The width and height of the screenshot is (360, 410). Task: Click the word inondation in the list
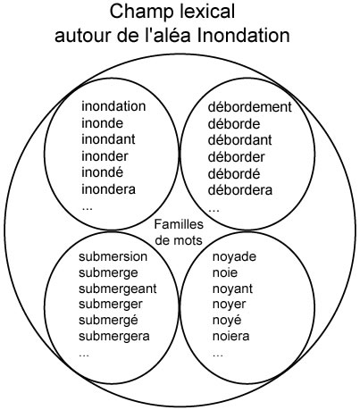pos(113,106)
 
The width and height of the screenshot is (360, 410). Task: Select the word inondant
pos(108,139)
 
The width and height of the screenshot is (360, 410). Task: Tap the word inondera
pos(108,189)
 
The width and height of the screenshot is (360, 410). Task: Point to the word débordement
pos(249,107)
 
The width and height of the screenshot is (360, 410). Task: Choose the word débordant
pos(239,140)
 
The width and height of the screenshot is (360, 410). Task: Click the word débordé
pos(234,173)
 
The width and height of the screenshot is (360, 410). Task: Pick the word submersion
pos(113,256)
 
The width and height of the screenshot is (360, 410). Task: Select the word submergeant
pos(118,289)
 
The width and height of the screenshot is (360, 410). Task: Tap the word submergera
pos(114,337)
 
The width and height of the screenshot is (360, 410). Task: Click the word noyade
pos(234,256)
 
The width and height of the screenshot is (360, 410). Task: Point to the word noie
pos(225,272)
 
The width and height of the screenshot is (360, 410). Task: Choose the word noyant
pos(232,289)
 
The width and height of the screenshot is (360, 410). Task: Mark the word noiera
pos(230,337)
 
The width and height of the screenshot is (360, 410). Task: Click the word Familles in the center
pos(179,224)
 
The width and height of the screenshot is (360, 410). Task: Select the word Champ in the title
pos(142,13)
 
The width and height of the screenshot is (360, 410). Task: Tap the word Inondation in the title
pos(243,36)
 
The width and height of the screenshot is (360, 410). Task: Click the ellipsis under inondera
pos(87,208)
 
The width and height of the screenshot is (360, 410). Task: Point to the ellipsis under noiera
pos(218,355)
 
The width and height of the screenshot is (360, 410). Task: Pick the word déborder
pos(236,157)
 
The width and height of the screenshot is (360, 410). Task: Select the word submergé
pos(108,321)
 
